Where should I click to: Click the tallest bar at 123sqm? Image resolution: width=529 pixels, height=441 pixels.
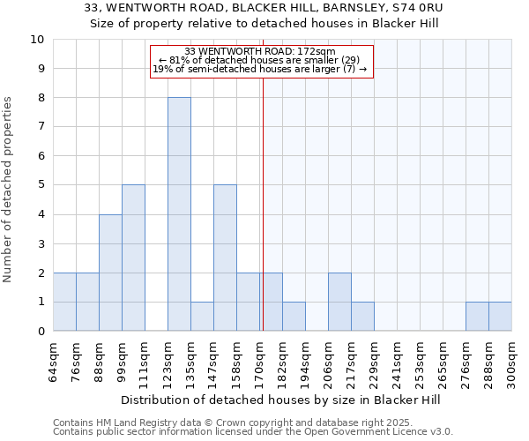click(179, 214)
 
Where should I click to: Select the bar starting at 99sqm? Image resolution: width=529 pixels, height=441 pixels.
click(133, 258)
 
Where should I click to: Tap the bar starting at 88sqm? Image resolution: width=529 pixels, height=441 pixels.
click(110, 273)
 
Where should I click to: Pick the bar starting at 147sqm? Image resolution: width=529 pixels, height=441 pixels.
click(225, 258)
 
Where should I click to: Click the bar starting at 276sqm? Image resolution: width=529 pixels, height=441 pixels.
click(477, 316)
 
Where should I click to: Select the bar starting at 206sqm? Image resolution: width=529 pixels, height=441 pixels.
click(339, 302)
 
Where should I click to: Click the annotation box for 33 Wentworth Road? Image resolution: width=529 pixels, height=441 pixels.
click(262, 62)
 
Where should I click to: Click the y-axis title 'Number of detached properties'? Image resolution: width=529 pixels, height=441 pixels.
click(9, 190)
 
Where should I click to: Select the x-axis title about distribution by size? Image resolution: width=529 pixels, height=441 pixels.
click(282, 400)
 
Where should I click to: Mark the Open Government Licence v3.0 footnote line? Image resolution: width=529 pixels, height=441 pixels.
click(253, 432)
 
